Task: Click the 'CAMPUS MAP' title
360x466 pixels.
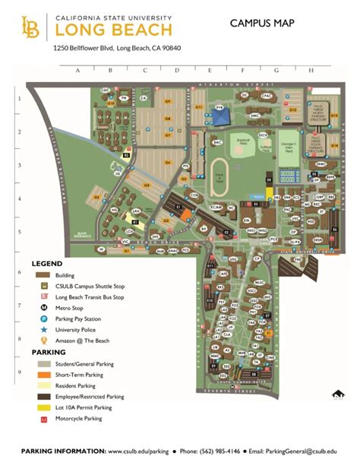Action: pyautogui.click(x=262, y=24)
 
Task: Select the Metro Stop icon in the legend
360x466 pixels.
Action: pyautogui.click(x=45, y=309)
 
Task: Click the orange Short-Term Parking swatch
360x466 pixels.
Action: pyautogui.click(x=44, y=376)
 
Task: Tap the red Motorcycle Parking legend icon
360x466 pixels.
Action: pyautogui.click(x=44, y=418)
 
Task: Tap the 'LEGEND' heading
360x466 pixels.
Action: pyautogui.click(x=46, y=263)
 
